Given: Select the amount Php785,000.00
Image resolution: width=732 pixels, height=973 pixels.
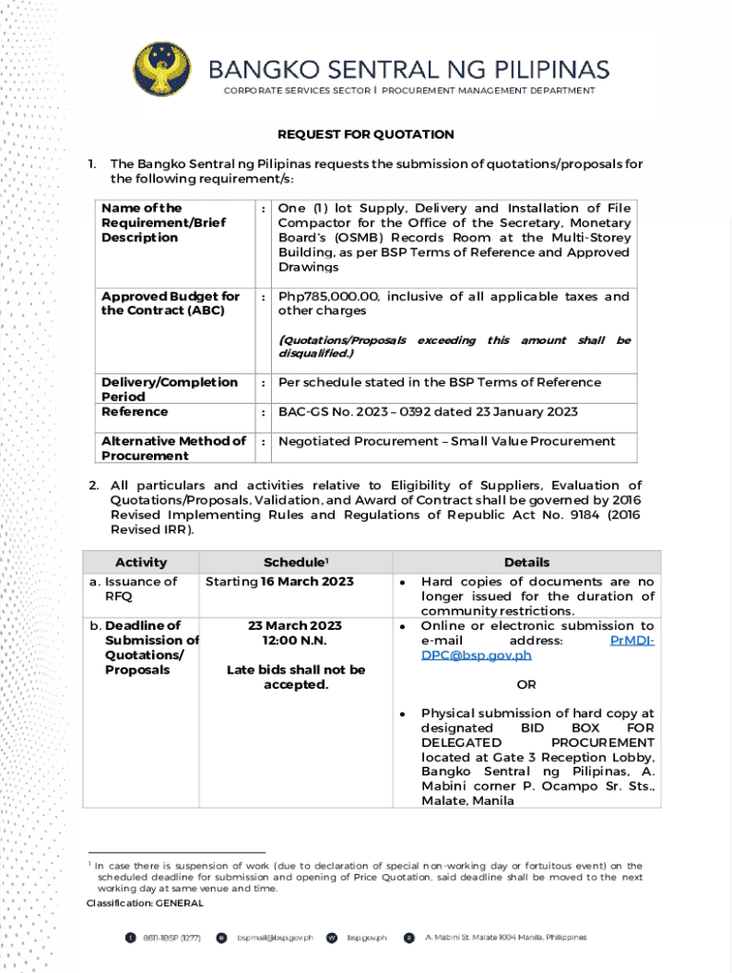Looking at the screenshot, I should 325,296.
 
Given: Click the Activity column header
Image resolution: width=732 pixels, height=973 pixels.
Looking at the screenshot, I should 141,563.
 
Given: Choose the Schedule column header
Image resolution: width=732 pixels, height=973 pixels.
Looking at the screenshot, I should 296,563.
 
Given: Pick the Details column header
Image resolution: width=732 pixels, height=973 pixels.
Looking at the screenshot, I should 527,563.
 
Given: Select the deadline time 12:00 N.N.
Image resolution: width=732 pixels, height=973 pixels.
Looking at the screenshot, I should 296,640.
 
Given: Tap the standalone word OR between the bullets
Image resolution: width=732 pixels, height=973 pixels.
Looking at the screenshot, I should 526,684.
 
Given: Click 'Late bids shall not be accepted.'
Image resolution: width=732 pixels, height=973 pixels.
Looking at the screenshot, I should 296,677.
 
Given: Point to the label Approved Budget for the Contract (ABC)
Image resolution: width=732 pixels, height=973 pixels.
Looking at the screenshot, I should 171,304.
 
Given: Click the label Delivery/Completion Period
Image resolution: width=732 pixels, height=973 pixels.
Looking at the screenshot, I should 169,390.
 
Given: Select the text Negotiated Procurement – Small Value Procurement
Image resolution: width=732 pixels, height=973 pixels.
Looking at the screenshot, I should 446,442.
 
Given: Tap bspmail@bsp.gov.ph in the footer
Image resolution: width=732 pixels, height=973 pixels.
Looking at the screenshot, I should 275,938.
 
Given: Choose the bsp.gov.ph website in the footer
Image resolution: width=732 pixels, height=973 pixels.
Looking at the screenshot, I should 367,938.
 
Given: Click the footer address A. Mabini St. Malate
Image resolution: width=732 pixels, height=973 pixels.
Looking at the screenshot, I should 505,938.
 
